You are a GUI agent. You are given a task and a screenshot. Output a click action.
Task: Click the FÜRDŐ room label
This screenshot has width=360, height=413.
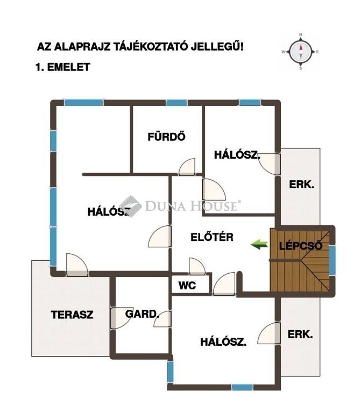pos(166,137)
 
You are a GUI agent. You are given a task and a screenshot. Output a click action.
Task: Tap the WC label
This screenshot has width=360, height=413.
pos(187,285)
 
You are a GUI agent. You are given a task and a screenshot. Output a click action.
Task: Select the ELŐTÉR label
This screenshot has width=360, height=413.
pos(212,237)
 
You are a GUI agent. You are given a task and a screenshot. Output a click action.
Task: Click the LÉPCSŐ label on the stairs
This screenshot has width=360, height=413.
pos(301,246)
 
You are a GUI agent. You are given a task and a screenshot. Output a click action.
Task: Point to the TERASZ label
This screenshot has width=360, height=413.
pos(72,315)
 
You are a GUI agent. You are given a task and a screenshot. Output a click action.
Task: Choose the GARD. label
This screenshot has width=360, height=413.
pos(142,314)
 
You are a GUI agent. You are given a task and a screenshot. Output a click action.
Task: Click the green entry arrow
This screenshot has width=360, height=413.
pos(259,244)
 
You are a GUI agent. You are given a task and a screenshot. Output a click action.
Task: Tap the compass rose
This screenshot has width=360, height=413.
pos(300,52)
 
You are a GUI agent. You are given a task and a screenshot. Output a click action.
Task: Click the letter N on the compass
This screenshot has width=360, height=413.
pos(300,34)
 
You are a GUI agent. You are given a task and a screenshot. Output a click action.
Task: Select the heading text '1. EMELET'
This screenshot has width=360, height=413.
pos(63,67)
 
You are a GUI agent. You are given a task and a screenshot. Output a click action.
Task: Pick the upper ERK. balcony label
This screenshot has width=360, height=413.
pos(301,184)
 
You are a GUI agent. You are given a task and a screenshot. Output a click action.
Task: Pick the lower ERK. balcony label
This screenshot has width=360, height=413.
pos(300,334)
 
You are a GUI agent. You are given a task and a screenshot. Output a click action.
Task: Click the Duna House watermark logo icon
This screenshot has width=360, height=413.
pos(131,206)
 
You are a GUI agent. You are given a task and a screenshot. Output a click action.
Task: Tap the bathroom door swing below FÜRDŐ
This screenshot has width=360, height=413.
pos(187,167)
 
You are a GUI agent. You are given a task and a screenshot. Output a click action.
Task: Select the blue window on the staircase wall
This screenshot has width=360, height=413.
pos(333,260)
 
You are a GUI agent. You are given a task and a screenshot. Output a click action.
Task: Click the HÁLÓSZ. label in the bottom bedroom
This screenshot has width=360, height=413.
pos(223,341)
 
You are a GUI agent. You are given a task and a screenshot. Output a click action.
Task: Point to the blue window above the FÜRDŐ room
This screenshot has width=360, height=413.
pos(177,103)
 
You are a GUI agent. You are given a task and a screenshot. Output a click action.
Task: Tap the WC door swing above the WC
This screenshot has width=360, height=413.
pos(197,267)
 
